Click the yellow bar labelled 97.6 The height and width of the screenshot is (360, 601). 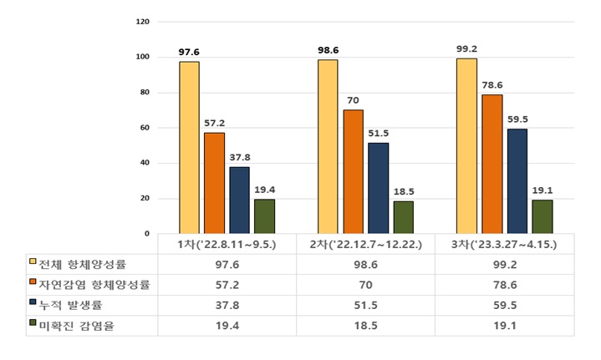189,148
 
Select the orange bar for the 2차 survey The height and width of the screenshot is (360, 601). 352,172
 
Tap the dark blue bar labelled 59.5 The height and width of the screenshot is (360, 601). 517,181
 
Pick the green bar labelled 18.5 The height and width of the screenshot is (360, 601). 403,217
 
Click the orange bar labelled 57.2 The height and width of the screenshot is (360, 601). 214,183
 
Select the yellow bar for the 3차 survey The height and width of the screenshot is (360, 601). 466,146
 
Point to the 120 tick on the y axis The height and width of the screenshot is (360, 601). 143,22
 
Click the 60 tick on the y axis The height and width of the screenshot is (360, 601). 145,128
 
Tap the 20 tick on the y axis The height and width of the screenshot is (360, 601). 145,199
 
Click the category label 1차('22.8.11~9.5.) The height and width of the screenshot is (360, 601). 227,243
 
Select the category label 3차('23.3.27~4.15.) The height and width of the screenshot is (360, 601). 505,243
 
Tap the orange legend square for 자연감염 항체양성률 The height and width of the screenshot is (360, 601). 32,284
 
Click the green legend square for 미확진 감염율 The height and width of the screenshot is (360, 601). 32,325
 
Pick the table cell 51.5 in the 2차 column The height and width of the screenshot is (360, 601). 365,305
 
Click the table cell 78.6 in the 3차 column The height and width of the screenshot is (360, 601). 505,284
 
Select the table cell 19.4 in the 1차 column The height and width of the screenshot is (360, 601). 227,325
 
